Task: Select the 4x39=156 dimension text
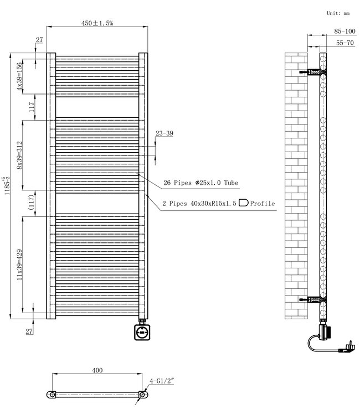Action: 19,76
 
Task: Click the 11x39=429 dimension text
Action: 19,264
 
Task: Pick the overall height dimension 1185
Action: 6,191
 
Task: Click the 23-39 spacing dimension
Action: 164,133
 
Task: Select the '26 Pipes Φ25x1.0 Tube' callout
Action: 200,183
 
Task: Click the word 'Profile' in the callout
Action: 262,204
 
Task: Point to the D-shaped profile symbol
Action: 243,203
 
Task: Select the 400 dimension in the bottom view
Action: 97,370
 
